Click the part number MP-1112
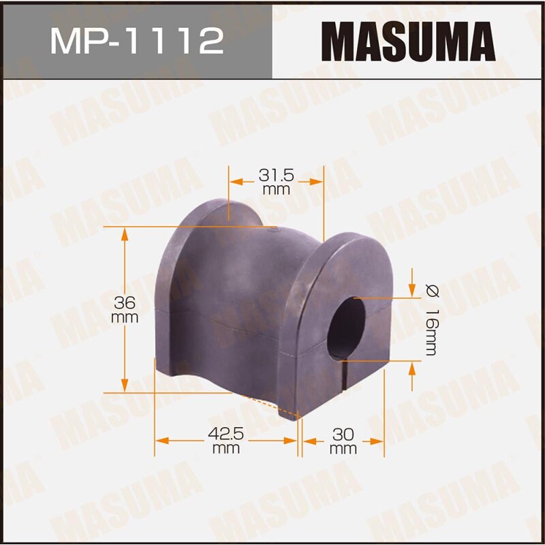pos(136,40)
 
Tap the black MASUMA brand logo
pos(409,40)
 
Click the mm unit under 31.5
pos(276,190)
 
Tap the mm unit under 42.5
pos(226,449)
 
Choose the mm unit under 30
pos(343,449)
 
